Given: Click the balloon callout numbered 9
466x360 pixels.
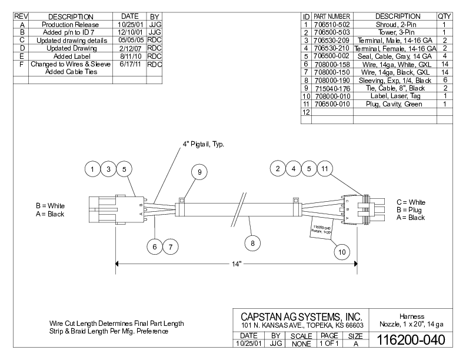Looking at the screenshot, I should coord(199,172).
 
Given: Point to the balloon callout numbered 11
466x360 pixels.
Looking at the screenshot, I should coord(324,169).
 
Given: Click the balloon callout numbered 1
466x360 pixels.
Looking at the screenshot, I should coord(92,169).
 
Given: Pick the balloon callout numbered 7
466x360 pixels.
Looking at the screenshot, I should coord(170,247).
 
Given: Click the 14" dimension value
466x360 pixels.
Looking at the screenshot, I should coord(237,264).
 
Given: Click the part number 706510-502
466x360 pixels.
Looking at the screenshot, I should coord(332,24).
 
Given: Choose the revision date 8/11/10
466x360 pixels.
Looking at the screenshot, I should coord(128,56).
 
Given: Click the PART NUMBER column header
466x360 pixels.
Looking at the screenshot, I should coord(332,16).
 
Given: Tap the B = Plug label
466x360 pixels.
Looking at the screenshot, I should coord(410,210).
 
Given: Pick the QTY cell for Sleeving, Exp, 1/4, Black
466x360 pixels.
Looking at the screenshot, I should coord(445,79).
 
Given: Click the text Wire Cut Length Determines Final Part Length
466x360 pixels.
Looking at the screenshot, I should coord(116,324).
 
